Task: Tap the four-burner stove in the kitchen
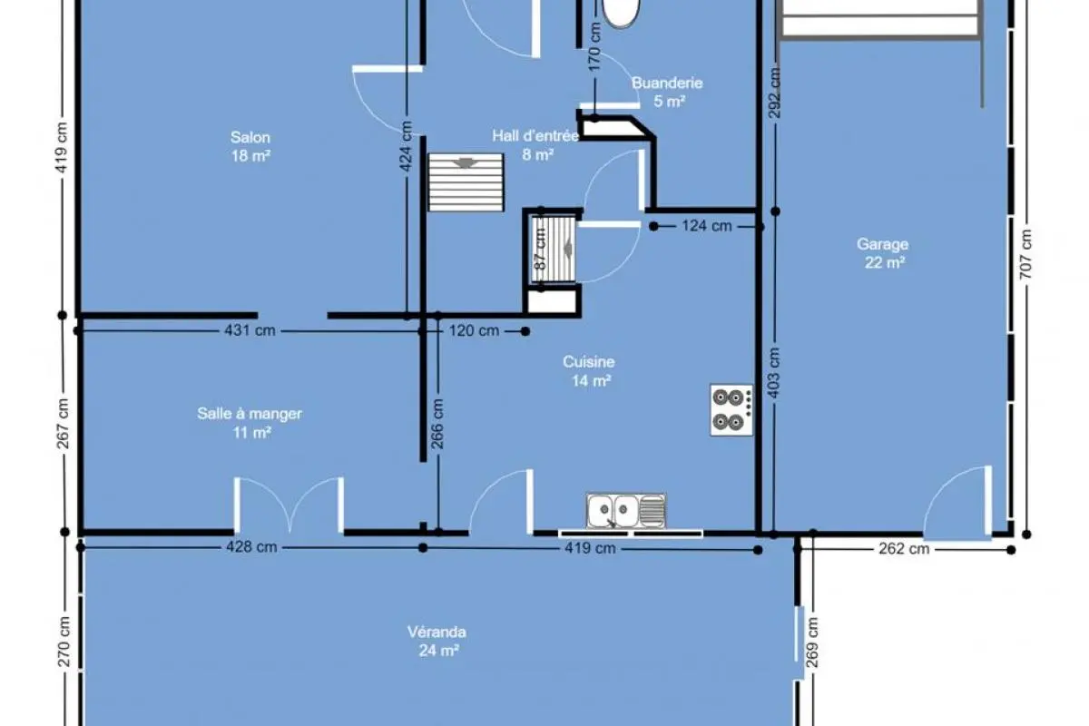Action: (731, 410)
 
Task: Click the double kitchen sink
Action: (626, 511)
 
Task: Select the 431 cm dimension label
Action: (250, 330)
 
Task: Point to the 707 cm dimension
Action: (1025, 254)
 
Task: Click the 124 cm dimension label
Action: (707, 226)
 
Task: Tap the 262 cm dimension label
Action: (904, 549)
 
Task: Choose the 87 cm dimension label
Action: (541, 249)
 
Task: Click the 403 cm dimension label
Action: (774, 373)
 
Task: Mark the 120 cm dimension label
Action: (474, 330)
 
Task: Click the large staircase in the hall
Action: (466, 182)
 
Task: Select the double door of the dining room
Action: (289, 505)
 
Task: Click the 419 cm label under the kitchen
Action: (590, 548)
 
